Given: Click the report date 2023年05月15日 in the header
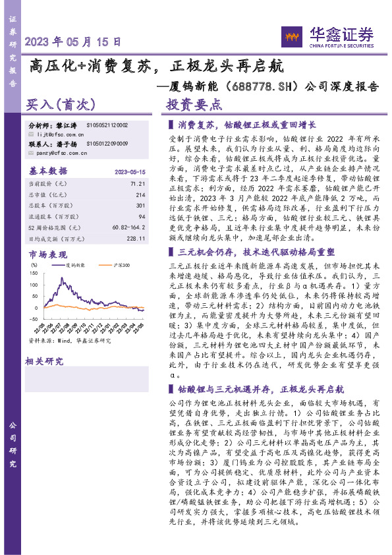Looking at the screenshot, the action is pyautogui.click(x=73, y=41).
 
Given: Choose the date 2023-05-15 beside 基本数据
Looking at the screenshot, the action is pyautogui.click(x=130, y=171).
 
